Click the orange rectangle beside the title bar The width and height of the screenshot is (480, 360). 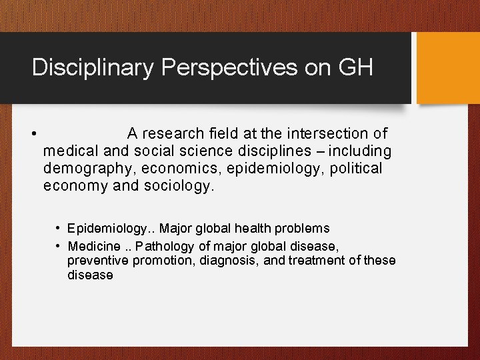click(x=447, y=68)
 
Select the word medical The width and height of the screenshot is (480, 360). click(x=70, y=151)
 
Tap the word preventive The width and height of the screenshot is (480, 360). click(x=98, y=259)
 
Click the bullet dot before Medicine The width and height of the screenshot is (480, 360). click(x=59, y=244)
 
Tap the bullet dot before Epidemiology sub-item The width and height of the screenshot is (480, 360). click(x=59, y=229)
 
